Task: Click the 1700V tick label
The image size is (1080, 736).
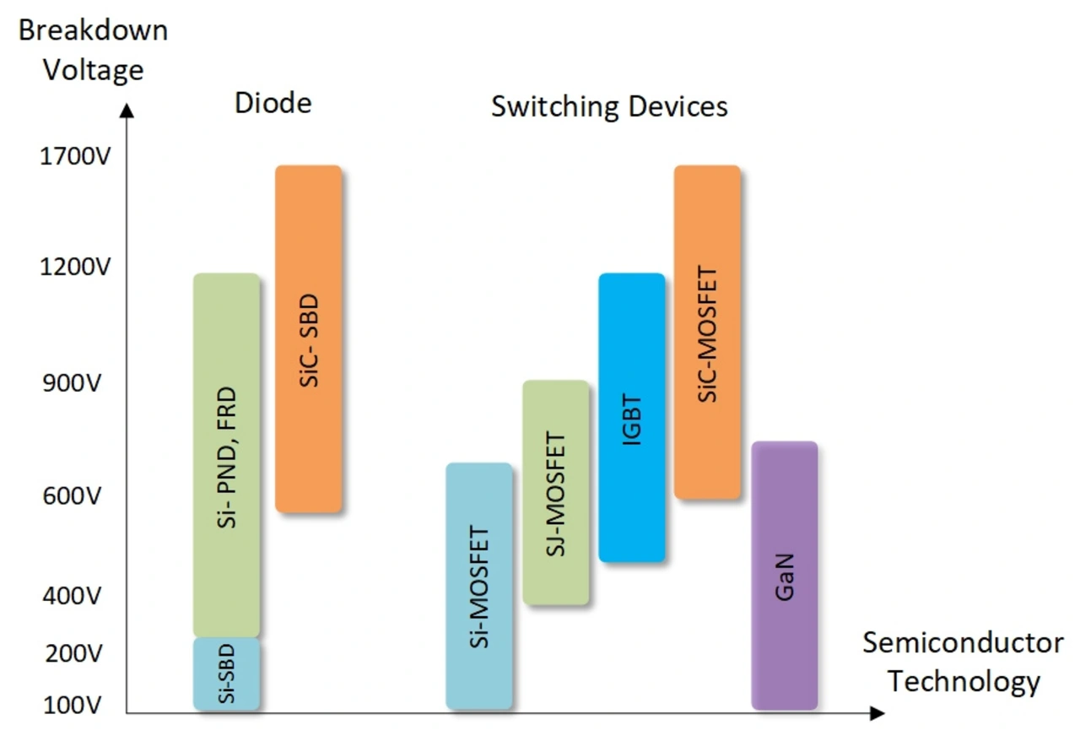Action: [x=75, y=157]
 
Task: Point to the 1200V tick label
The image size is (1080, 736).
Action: [x=75, y=268]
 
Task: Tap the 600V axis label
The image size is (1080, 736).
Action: [x=71, y=496]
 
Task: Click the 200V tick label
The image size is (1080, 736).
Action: [x=71, y=653]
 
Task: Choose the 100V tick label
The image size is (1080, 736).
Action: [x=71, y=704]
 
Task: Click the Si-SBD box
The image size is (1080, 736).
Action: [x=226, y=674]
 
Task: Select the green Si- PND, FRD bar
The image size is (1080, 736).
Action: [x=226, y=456]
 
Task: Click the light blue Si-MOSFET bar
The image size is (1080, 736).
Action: [x=478, y=586]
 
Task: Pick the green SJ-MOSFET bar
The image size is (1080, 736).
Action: [x=555, y=492]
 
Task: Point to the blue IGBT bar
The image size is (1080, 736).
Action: [x=632, y=418]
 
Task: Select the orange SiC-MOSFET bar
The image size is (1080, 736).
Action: [x=707, y=333]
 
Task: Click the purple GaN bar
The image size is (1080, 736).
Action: [x=785, y=576]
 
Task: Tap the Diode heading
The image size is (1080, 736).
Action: [x=273, y=103]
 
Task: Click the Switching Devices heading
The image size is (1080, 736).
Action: [x=609, y=107]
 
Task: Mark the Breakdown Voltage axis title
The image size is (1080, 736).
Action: [x=93, y=50]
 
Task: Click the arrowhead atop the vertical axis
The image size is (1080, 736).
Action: [x=127, y=110]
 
